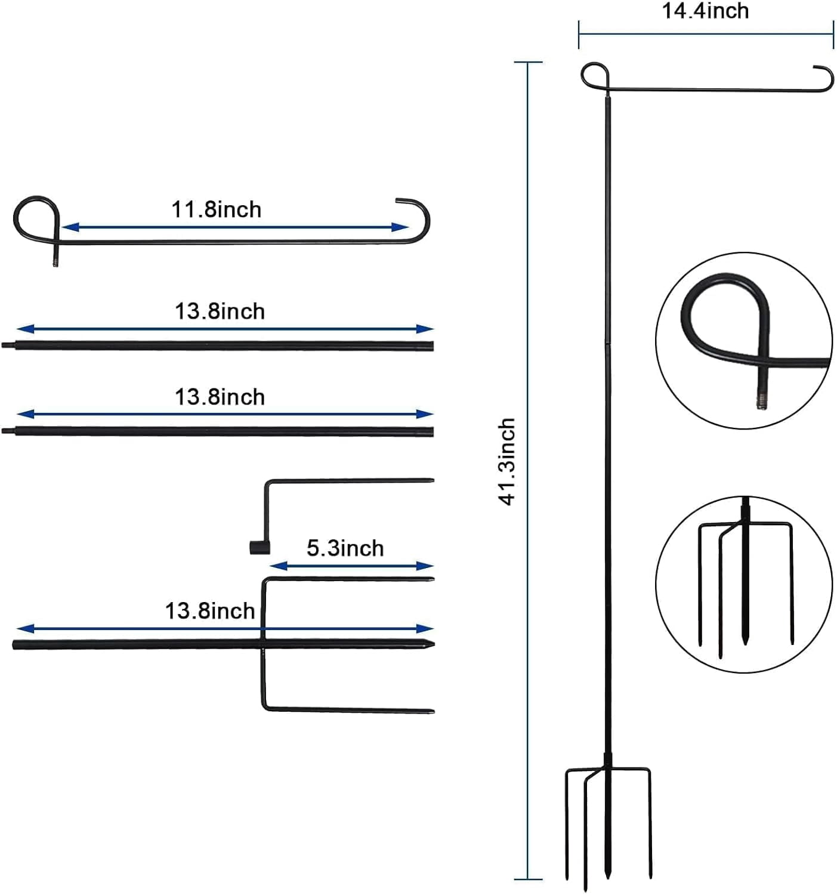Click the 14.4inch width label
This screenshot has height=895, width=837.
[x=705, y=11]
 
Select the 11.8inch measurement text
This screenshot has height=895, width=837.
[x=217, y=209]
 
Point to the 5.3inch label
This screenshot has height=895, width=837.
[x=345, y=548]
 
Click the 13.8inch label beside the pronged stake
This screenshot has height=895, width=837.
[x=210, y=611]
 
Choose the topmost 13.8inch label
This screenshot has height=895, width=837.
[x=220, y=311]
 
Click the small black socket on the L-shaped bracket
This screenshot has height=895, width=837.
[x=260, y=548]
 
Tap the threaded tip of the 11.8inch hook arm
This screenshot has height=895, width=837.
[x=55, y=261]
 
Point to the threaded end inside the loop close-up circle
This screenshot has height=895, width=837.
[x=762, y=400]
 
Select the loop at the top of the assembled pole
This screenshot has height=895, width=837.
[x=595, y=75]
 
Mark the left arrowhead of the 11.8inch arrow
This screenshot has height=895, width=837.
[x=70, y=227]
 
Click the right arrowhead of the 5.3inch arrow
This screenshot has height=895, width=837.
[x=425, y=566]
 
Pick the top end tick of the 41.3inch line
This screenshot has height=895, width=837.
[x=528, y=62]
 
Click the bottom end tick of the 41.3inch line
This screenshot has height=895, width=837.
[x=528, y=879]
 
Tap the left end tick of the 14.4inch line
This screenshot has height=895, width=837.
[x=579, y=34]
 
